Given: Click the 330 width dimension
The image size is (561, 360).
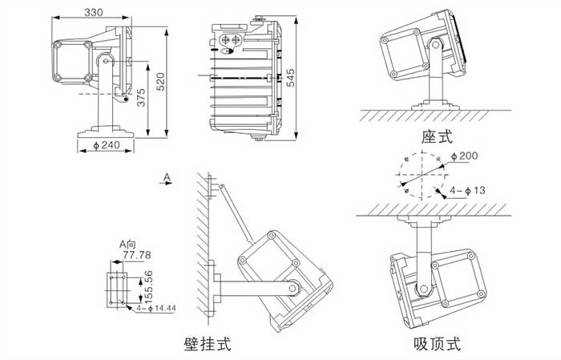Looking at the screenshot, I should point(93,12).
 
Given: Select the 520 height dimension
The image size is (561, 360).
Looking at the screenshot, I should point(161,80).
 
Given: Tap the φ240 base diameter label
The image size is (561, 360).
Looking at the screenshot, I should point(106,145).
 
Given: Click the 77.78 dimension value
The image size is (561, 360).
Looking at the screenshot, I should point(135,255).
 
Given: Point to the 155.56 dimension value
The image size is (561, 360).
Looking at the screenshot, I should point(147,286).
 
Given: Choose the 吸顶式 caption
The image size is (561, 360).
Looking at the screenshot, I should point(437,345).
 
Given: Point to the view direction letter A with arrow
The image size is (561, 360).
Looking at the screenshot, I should point(166,178).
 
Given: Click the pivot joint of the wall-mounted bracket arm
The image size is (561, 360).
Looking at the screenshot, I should point(297,285).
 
